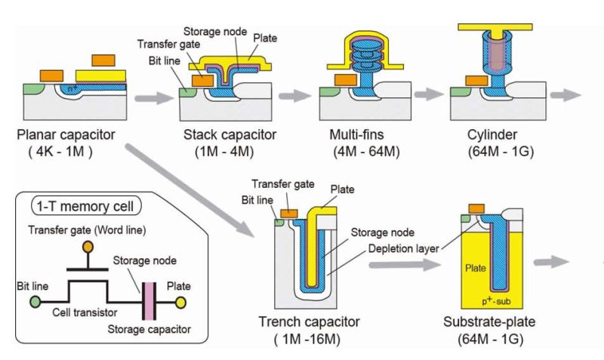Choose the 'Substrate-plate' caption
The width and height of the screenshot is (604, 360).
(x=487, y=322)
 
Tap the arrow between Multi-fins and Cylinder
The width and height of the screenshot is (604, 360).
(x=427, y=97)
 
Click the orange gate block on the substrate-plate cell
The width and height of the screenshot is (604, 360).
(x=476, y=209)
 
